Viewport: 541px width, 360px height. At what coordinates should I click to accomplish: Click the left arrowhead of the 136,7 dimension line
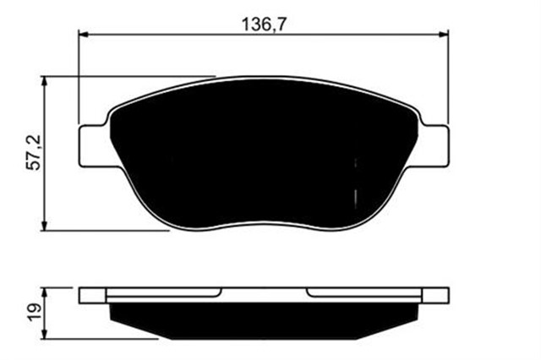pyautogui.click(x=83, y=34)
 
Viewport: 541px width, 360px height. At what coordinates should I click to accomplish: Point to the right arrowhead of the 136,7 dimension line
pyautogui.click(x=442, y=34)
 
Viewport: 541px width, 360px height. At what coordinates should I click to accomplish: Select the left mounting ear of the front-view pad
pyautogui.click(x=92, y=145)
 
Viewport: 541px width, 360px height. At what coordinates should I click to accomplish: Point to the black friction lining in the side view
pyautogui.click(x=262, y=319)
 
